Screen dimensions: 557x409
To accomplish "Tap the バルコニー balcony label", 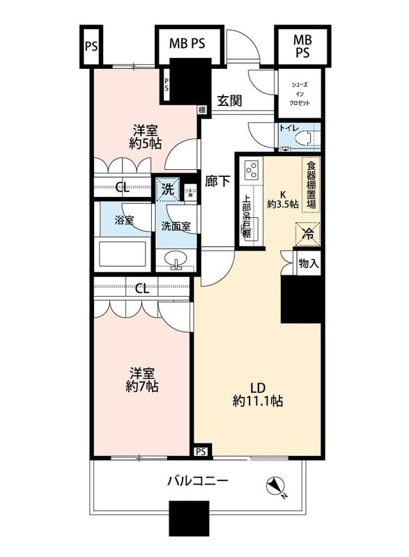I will click(x=198, y=481).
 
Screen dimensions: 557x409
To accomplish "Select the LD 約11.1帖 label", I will click(x=257, y=393).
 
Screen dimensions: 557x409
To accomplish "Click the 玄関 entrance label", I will click(x=229, y=100).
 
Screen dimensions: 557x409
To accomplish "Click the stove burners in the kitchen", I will click(x=252, y=169).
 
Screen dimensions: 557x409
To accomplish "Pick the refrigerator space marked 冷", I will click(x=307, y=233).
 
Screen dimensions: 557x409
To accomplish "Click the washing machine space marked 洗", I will click(x=167, y=188).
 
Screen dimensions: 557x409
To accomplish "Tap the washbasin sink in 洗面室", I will click(x=177, y=261).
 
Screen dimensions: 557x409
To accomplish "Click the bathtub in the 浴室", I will click(x=122, y=252).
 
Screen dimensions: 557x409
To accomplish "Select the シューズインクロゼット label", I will click(x=299, y=94).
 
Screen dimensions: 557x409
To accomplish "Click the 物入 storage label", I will click(x=308, y=264).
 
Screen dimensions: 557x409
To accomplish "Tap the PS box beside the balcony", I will click(x=201, y=451).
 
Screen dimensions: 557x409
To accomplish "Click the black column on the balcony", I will click(x=190, y=518).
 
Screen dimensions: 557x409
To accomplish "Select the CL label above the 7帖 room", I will click(x=142, y=288).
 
